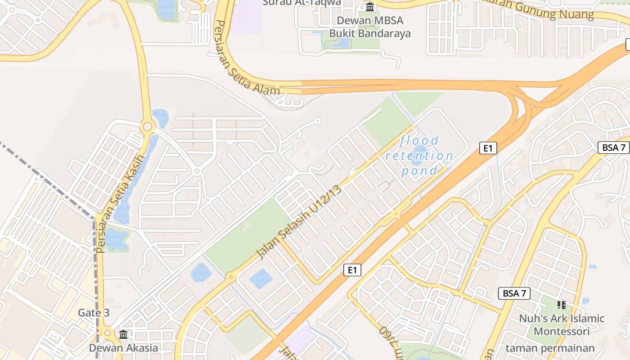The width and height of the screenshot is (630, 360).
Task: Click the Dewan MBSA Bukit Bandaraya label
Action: (370, 27)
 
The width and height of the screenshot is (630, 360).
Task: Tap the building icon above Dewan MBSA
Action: (370, 7)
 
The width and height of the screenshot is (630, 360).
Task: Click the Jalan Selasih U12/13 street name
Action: (299, 222)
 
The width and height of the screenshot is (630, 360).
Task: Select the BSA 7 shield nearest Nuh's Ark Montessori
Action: (514, 294)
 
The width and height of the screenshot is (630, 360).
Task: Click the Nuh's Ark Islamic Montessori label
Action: (562, 325)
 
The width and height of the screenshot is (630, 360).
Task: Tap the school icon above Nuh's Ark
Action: (561, 306)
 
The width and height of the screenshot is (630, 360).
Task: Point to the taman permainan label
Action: (550, 348)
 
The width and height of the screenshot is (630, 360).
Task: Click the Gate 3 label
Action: (94, 313)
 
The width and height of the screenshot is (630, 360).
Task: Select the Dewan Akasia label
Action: (123, 348)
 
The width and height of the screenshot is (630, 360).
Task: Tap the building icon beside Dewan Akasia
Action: (123, 334)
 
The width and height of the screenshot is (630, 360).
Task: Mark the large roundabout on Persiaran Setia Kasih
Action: (147, 127)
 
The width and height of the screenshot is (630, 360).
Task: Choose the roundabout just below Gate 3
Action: (107, 333)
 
